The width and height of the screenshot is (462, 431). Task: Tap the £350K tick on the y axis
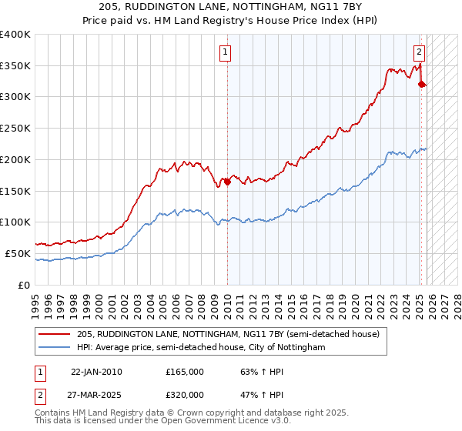[x=15, y=66]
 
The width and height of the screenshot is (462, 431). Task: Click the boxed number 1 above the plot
[x=226, y=53]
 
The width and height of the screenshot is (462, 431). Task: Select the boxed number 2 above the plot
[x=419, y=53]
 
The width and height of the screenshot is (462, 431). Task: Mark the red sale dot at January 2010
[x=227, y=182]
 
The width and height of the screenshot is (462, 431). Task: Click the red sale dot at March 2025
[x=422, y=85]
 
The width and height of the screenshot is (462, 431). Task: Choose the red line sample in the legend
[x=55, y=335]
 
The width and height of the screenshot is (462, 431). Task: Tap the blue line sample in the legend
[x=55, y=348]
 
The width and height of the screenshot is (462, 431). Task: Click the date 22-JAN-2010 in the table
[x=95, y=372]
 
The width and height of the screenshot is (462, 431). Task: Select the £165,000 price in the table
[x=185, y=372]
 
